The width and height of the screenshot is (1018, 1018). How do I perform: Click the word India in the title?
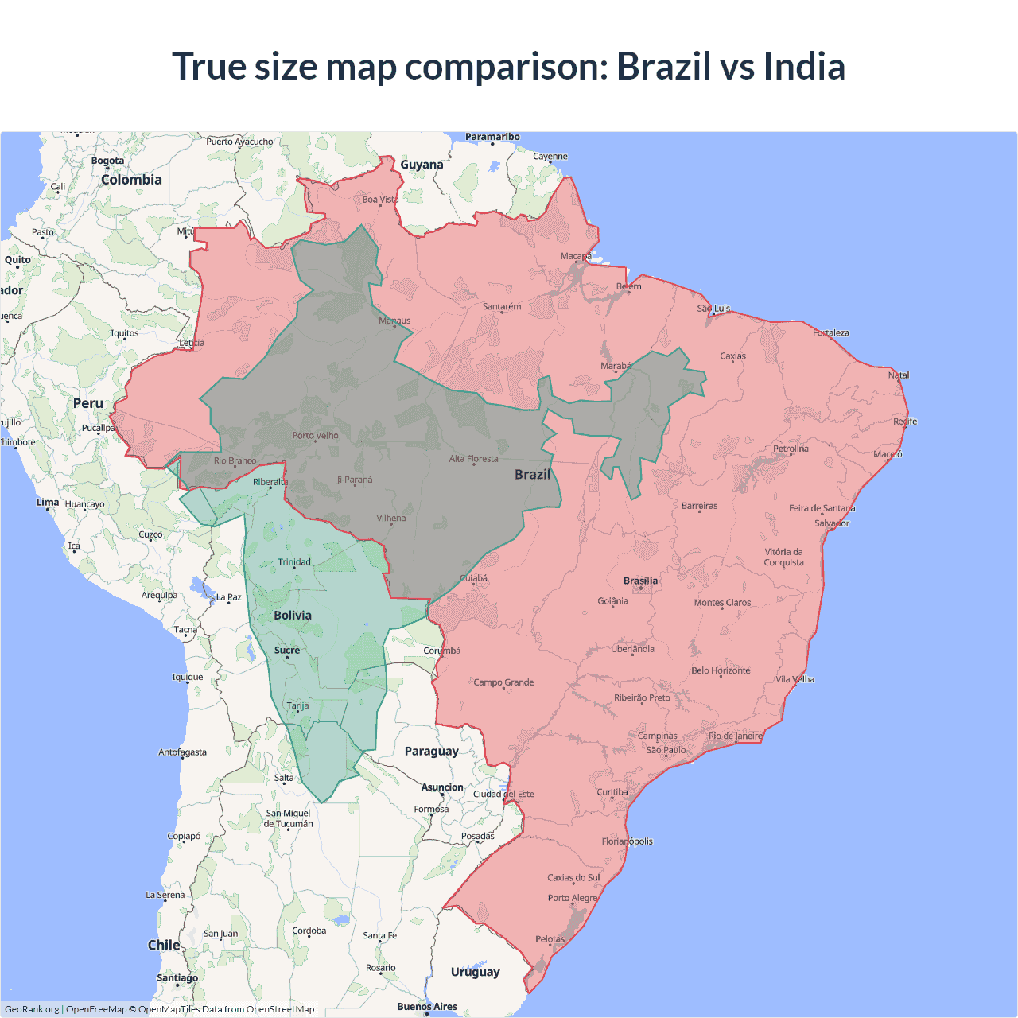(x=804, y=66)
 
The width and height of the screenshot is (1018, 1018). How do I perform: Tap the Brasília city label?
(x=640, y=581)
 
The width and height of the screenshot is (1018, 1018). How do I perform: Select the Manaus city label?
(x=394, y=321)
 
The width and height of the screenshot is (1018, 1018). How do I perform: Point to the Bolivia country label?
(x=293, y=615)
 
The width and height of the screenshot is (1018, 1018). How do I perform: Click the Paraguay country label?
(x=431, y=751)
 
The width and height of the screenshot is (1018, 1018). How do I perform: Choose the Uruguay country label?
(x=475, y=971)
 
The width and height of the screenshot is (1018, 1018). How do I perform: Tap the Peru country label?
(x=88, y=403)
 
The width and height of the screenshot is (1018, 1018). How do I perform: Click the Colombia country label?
(x=131, y=180)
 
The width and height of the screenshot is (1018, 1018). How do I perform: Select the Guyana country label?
(x=422, y=165)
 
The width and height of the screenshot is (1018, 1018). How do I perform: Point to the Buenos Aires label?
(x=427, y=1006)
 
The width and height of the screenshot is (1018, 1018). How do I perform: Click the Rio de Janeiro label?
(x=736, y=736)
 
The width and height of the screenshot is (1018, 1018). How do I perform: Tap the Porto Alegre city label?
(x=572, y=898)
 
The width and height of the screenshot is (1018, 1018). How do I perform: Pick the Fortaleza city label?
(x=831, y=332)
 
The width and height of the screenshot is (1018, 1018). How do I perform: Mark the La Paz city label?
(x=229, y=596)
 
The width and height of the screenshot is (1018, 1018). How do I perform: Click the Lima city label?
(x=47, y=502)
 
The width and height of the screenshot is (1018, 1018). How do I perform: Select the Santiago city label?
(x=177, y=977)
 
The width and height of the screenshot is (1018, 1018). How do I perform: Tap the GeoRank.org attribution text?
(x=32, y=1009)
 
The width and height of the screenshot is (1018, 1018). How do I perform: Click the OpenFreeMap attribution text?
(x=96, y=1009)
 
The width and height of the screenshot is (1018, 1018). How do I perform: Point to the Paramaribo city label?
(x=492, y=137)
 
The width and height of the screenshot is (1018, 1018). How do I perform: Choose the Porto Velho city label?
(x=315, y=435)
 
